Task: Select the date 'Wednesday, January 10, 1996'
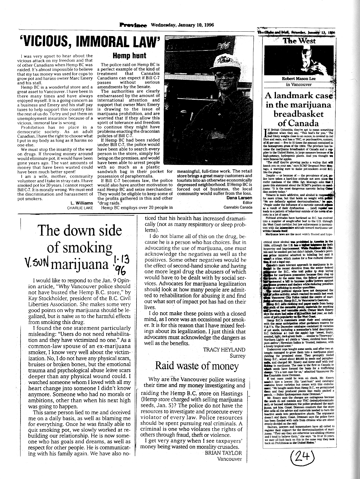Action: (182, 25)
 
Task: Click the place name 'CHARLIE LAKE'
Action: (80, 208)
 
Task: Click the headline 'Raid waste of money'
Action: (197, 366)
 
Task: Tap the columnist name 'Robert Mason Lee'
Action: (298, 78)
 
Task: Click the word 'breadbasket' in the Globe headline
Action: (298, 114)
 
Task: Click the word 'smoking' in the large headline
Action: (79, 248)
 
